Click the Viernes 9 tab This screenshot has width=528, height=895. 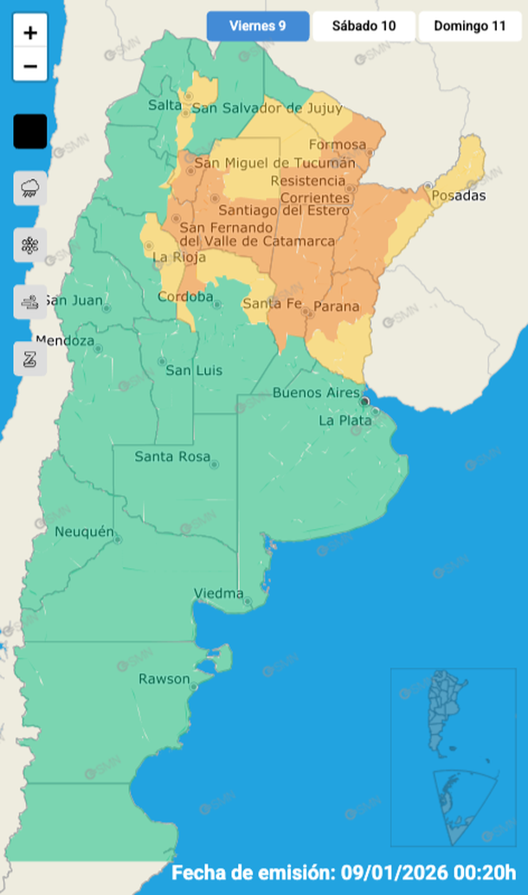tap(258, 26)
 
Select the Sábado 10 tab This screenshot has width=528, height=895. tap(364, 26)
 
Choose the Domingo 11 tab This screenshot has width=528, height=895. tap(470, 26)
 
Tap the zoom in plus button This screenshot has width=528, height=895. tap(30, 33)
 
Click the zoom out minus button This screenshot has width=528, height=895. tap(30, 65)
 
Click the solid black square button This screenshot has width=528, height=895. tap(30, 132)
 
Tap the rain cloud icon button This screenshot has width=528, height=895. tap(30, 188)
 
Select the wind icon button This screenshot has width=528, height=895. tap(30, 302)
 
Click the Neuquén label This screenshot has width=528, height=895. tap(84, 531)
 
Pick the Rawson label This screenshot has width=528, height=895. tap(164, 679)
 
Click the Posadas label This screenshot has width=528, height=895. tap(458, 196)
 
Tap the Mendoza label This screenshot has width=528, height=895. tap(65, 340)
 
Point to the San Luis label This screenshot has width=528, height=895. tap(193, 370)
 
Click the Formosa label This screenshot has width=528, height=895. tap(336, 145)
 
